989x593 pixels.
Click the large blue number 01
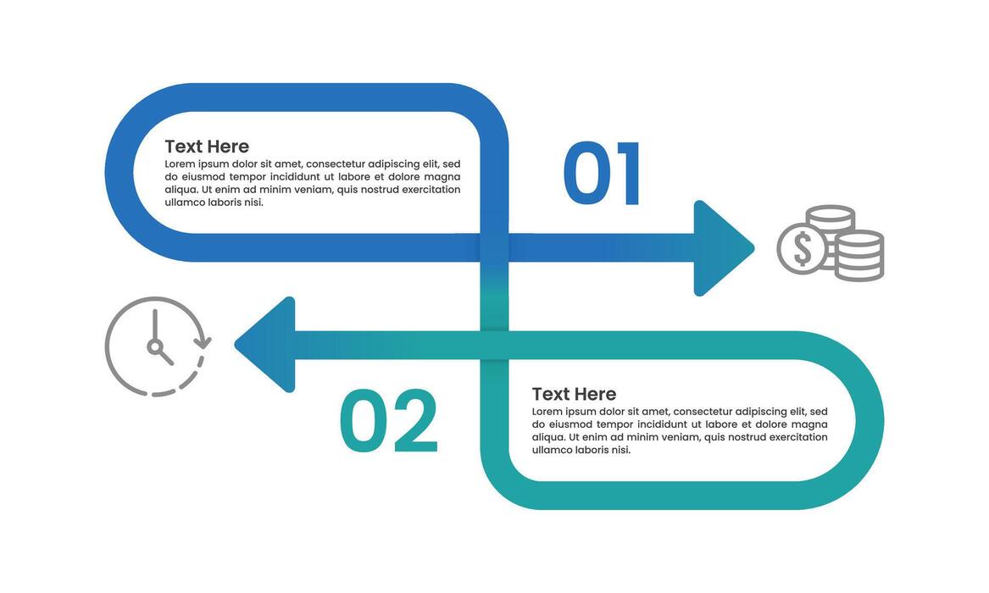601,174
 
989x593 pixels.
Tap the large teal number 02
389,421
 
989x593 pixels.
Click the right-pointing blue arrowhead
721,248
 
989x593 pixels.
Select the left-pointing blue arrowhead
266,345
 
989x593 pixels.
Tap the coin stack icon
831,243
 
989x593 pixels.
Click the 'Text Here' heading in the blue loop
207,147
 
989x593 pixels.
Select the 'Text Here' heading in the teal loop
574,394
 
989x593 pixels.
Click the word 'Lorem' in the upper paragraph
181,164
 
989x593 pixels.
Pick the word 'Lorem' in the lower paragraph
547,412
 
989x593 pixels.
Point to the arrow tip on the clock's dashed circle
203,342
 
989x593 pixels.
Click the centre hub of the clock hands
155,346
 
